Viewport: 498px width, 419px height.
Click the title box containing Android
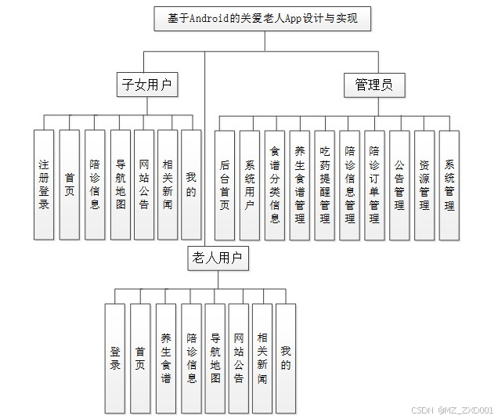(x=262, y=19)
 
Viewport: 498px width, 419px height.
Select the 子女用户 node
(x=146, y=85)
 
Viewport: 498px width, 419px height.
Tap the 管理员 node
(x=374, y=85)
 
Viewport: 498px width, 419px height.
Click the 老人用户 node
(x=218, y=258)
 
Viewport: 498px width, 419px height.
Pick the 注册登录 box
(x=44, y=185)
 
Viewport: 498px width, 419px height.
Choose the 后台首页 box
(x=225, y=185)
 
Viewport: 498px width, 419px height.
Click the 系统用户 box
(x=250, y=185)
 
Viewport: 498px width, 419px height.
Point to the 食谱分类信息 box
(x=275, y=185)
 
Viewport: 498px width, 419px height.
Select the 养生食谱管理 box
(x=300, y=185)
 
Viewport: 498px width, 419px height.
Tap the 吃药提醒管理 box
(x=325, y=185)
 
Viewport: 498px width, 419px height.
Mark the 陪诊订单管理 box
(x=375, y=185)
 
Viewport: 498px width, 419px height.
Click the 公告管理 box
(x=399, y=185)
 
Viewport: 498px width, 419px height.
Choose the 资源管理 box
(x=424, y=185)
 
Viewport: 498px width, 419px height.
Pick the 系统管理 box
(x=449, y=185)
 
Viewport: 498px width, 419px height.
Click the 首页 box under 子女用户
(x=70, y=185)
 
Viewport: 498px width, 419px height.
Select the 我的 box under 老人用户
(x=286, y=358)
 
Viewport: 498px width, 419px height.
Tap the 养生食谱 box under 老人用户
(x=166, y=358)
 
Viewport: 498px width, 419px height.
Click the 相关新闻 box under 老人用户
(x=262, y=358)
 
